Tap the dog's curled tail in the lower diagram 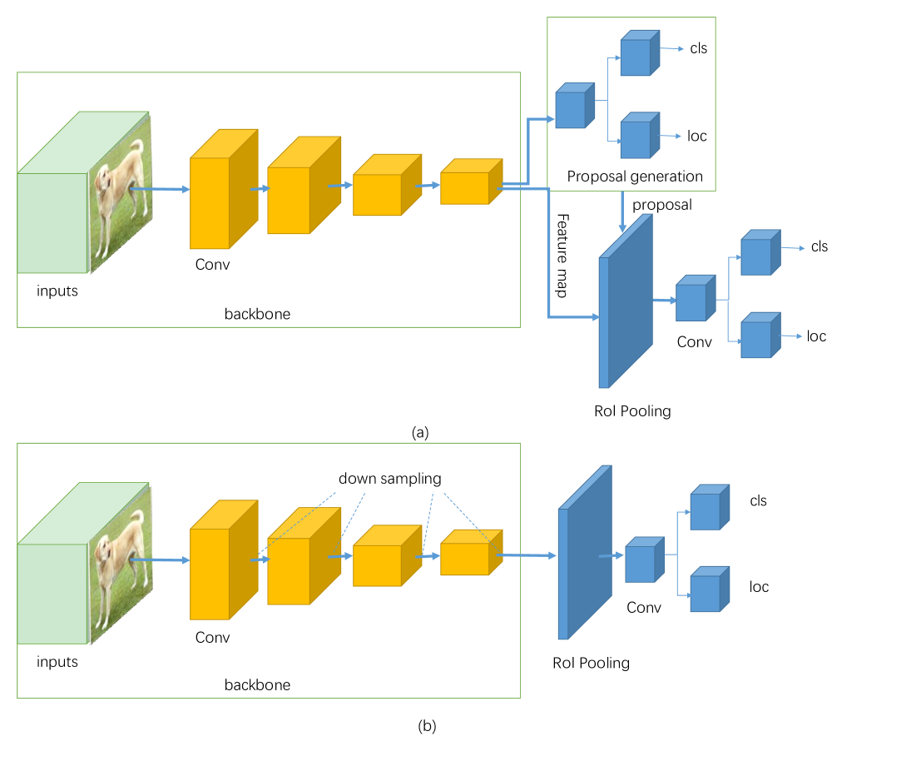(x=138, y=520)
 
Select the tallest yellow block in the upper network (x=210, y=202)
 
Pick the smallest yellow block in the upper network (x=464, y=187)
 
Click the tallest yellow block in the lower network (x=210, y=574)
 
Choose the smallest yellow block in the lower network (x=464, y=559)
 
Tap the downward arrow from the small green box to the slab (x=622, y=213)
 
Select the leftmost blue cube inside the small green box (x=571, y=109)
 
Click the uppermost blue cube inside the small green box (x=636, y=57)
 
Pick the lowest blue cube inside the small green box (x=636, y=139)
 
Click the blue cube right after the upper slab (x=691, y=301)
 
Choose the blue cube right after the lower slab (x=640, y=564)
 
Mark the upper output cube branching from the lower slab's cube (x=706, y=510)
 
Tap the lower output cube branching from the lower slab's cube (x=706, y=593)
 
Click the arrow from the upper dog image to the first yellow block (x=162, y=190)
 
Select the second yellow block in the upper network (x=290, y=200)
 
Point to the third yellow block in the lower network (x=378, y=565)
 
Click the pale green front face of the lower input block (x=52, y=594)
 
